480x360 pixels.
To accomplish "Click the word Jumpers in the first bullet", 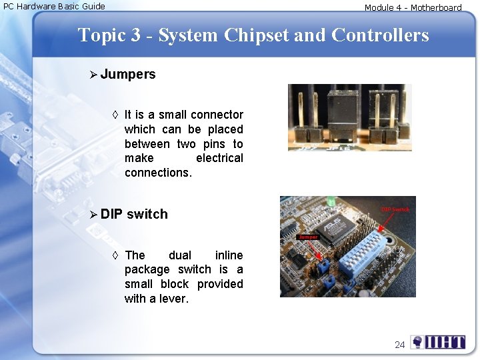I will [x=128, y=75].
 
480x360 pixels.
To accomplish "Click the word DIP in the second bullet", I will [x=111, y=214].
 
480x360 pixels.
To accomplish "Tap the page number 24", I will [x=399, y=345].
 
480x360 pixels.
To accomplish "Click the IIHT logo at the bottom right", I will [x=438, y=343].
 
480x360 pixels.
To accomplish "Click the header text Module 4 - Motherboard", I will [x=413, y=8].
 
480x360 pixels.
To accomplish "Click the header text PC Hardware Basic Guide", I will [x=55, y=7].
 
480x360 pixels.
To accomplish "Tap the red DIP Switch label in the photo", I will [x=395, y=209].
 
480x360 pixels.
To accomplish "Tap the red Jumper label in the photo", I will [x=308, y=237].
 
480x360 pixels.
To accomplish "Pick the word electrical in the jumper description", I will [x=219, y=159].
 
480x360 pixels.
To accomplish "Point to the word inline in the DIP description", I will [x=229, y=255].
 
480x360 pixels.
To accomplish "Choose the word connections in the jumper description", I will [x=157, y=173].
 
